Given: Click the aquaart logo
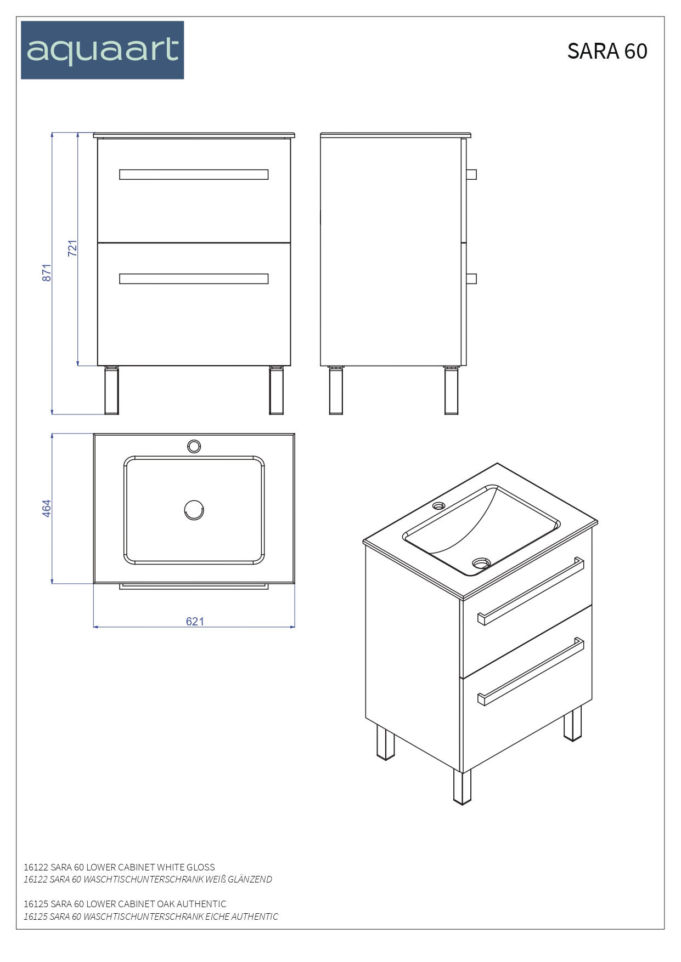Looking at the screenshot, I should (x=103, y=50).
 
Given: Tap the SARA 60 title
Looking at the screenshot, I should (x=607, y=51).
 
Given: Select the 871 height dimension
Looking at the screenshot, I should (x=47, y=273).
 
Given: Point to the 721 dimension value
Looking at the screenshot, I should (x=72, y=248).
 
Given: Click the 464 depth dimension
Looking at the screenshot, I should (x=47, y=508).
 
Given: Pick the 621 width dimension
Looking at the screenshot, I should (x=195, y=621).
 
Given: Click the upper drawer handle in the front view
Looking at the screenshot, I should (x=194, y=175).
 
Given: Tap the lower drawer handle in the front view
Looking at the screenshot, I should (x=194, y=279).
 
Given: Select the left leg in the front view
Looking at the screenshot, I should (x=111, y=390).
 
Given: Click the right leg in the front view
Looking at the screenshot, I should (x=276, y=390).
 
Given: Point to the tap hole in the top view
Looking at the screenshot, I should (x=194, y=446).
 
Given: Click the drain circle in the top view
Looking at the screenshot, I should (x=194, y=510).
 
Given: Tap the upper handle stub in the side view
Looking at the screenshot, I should (x=471, y=175).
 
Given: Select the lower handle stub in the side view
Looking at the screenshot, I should (x=471, y=279).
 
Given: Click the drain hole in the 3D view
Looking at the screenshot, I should (x=481, y=563).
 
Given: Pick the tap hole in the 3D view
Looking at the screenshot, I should (x=439, y=505).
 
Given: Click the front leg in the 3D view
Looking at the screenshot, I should (x=462, y=787).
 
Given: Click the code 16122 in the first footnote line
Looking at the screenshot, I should (x=36, y=867).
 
